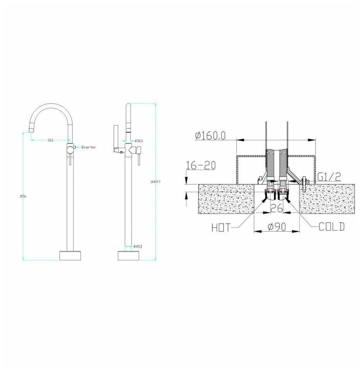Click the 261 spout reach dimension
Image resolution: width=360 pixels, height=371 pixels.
click(x=51, y=140)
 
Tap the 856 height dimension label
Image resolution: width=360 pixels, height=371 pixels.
click(x=23, y=196)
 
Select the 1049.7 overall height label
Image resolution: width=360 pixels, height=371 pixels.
click(x=156, y=182)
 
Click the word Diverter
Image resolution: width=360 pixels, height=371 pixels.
click(x=89, y=147)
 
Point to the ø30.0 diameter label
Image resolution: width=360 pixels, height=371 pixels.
click(x=139, y=141)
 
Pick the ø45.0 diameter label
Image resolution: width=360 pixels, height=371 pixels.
click(x=138, y=246)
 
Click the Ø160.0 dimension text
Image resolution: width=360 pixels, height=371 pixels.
click(x=211, y=136)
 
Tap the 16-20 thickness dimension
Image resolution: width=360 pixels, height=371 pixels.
click(x=201, y=165)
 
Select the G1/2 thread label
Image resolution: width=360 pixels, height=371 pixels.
click(x=329, y=177)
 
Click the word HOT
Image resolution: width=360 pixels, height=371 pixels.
click(x=221, y=228)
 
